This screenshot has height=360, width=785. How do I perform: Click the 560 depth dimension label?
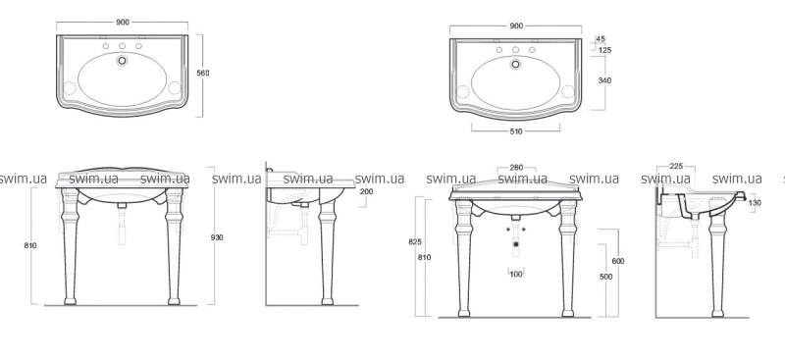(203, 74)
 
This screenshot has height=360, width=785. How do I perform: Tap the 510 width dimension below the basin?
(516, 131)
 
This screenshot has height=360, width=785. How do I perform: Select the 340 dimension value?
(604, 80)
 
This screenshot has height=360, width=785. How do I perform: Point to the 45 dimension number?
(602, 39)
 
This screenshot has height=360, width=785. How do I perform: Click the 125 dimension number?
(604, 50)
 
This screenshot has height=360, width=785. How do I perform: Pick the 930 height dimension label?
(217, 237)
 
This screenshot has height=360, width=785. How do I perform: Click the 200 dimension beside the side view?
(366, 191)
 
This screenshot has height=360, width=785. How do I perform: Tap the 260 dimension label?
(516, 168)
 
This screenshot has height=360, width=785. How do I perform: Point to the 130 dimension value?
(755, 203)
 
